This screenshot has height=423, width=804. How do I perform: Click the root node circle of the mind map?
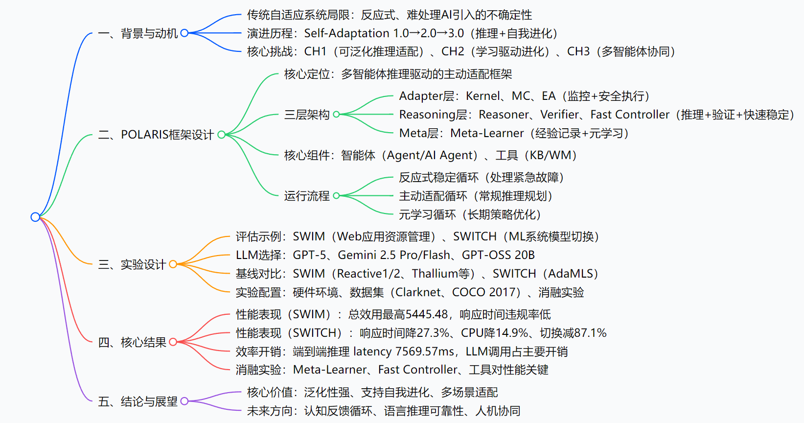click(35, 217)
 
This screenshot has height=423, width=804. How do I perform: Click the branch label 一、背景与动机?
click(138, 33)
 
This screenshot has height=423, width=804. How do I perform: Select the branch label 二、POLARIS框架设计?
click(156, 135)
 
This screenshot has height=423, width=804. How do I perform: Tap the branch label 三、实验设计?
click(132, 264)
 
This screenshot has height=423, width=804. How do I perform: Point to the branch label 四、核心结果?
click(132, 342)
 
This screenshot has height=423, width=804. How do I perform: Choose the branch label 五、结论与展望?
click(138, 401)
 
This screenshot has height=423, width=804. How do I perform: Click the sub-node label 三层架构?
click(307, 115)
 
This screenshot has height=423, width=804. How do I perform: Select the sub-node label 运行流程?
click(307, 196)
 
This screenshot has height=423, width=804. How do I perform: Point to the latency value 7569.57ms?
click(425, 352)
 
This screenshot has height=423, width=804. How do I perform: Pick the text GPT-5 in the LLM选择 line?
click(309, 255)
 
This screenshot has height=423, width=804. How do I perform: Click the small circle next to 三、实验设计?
click(173, 264)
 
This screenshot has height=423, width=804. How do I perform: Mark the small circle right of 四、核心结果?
click(173, 342)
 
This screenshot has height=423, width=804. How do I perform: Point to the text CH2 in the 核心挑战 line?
click(453, 51)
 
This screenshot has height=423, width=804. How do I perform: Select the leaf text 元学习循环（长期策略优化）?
click(470, 214)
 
